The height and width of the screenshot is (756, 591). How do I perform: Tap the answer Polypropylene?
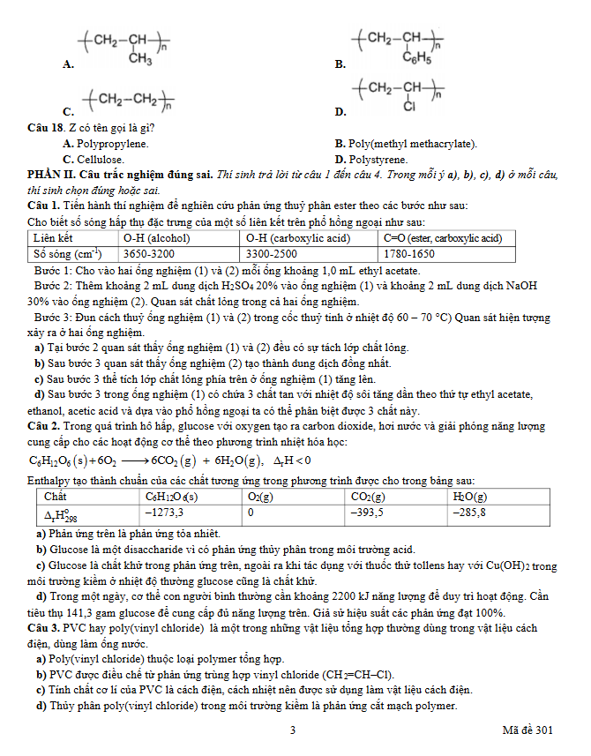[113, 143]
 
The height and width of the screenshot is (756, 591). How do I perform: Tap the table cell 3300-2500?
[273, 252]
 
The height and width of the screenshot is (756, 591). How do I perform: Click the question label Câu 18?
[48, 127]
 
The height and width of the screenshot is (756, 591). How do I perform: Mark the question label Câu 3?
[44, 627]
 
